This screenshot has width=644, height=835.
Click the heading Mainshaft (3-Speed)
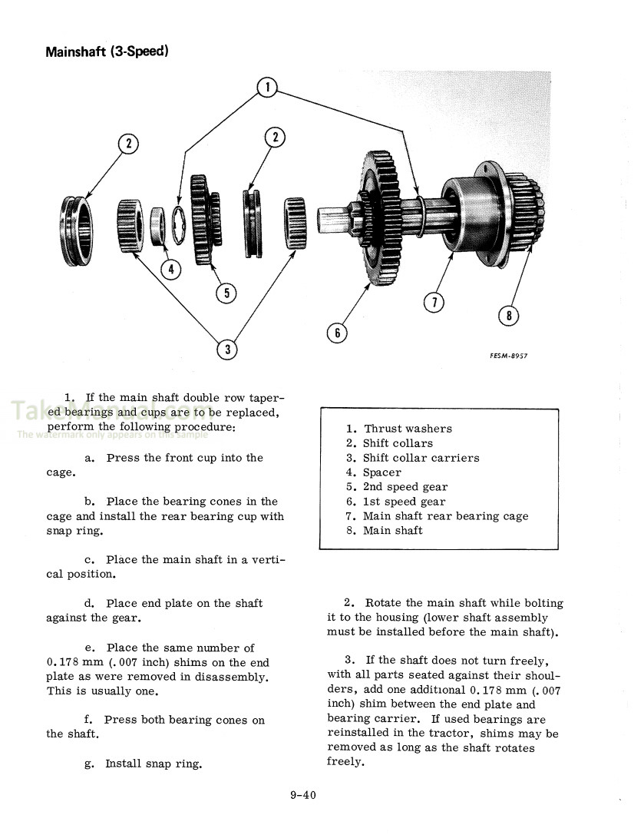pos(107,52)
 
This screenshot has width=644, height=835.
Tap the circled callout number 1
pos(266,88)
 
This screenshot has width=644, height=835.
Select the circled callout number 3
pos(226,350)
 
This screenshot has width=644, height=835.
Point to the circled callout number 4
pos(170,269)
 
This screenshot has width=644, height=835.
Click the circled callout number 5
pos(226,293)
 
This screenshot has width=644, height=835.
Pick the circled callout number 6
pos(336,333)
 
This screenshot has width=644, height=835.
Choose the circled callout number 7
pos(434,302)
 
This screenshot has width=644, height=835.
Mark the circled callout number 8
pos(508,315)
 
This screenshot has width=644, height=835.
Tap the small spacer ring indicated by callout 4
pos(160,226)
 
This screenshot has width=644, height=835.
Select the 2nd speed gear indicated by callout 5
pos(203,220)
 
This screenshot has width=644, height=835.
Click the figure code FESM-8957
pos(508,356)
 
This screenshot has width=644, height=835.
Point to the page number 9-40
pos(302,795)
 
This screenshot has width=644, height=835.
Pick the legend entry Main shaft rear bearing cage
pos(445,516)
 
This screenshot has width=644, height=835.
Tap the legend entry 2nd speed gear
pos(405,487)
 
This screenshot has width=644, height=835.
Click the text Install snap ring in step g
pos(154,764)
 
